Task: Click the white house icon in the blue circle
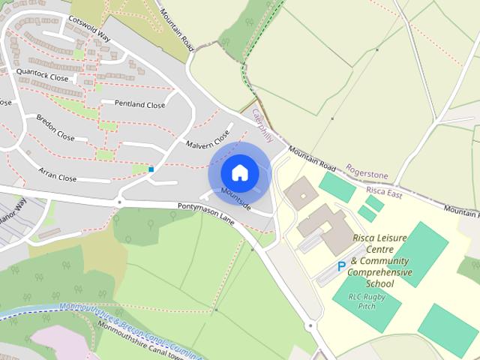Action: pos(239,172)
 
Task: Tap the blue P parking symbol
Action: pos(341,266)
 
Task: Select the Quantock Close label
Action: pos(42,77)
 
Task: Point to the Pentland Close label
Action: pos(139,104)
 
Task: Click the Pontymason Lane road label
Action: pos(206,215)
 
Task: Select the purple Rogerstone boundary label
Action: pos(367,175)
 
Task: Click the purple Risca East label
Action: pos(384,192)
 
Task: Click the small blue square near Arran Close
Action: pos(151,169)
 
